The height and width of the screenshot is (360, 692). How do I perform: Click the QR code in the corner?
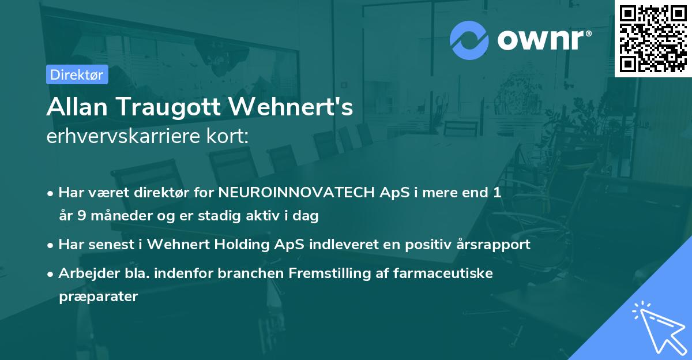pyautogui.click(x=652, y=37)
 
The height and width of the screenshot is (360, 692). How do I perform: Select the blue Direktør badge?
pyautogui.click(x=77, y=74)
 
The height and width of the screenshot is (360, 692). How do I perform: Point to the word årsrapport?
pyautogui.click(x=490, y=245)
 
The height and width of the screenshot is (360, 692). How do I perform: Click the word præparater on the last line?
pyautogui.click(x=98, y=297)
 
